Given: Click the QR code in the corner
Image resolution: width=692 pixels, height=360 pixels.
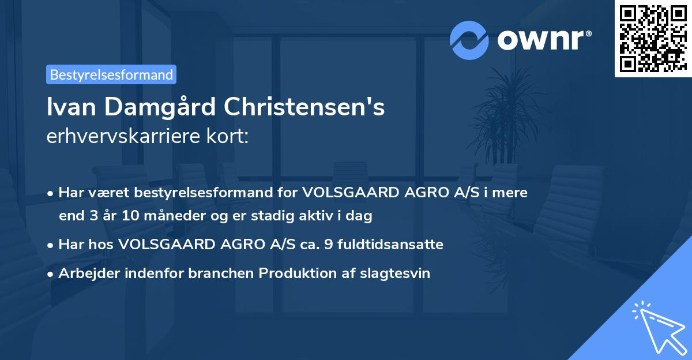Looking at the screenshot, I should [x=653, y=38].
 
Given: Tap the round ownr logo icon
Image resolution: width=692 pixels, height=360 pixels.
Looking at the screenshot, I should [x=469, y=40].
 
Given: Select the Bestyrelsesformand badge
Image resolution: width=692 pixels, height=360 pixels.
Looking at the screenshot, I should [x=111, y=74].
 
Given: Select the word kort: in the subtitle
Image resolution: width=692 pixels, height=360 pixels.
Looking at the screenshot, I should [x=230, y=137].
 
